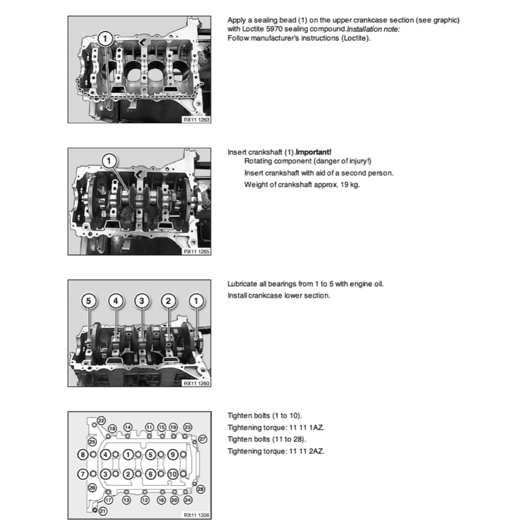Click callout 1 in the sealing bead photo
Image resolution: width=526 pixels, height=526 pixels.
click(x=105, y=38)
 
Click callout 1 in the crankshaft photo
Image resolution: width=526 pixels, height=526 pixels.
click(x=109, y=161)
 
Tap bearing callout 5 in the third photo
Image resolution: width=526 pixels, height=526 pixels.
click(x=89, y=301)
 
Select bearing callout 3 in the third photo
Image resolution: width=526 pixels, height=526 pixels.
click(x=142, y=301)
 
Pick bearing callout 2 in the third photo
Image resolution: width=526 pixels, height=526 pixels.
click(x=168, y=301)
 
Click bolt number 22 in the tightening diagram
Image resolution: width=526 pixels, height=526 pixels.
click(x=101, y=421)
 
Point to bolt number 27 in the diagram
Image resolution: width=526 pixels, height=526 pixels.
click(x=202, y=439)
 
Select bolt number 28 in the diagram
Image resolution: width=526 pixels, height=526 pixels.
click(x=200, y=489)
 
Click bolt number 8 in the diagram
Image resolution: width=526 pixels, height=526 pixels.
click(x=82, y=455)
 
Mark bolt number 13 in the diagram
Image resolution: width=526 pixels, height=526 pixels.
click(x=126, y=499)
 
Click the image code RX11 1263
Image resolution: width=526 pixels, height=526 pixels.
click(x=196, y=119)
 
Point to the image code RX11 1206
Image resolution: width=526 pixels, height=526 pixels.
click(x=196, y=515)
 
